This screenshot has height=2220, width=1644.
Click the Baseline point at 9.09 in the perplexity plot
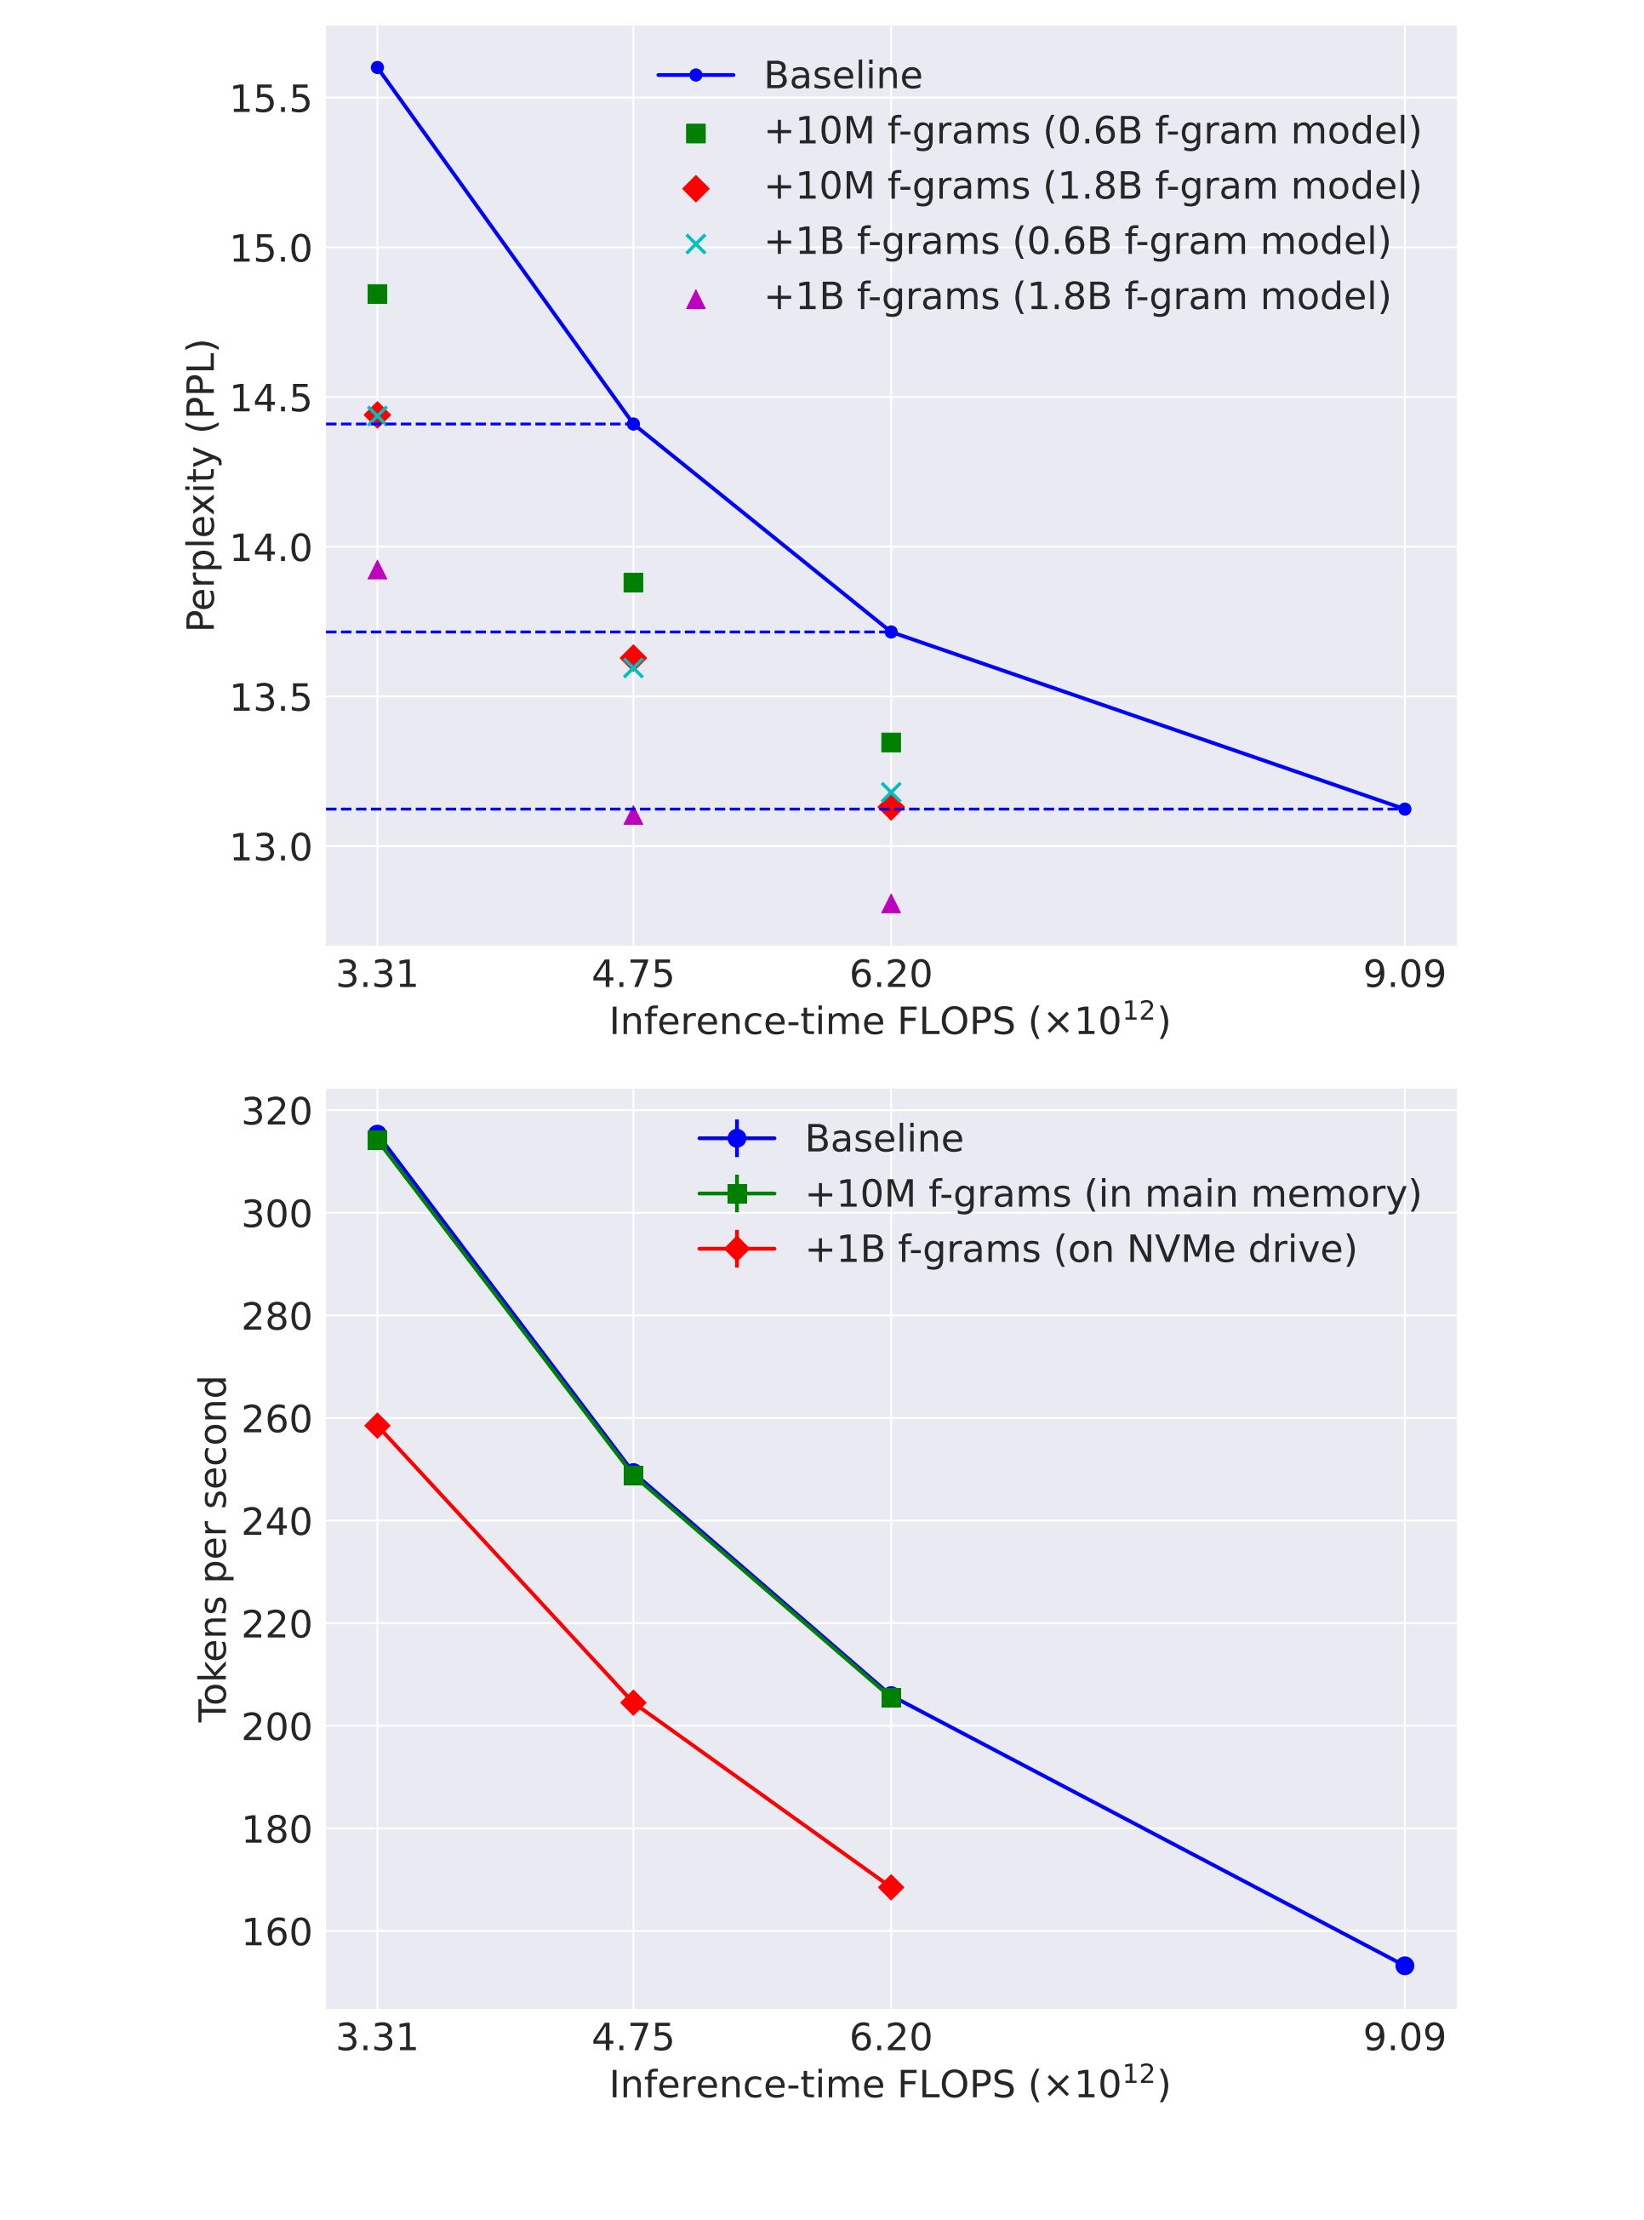(x=1404, y=809)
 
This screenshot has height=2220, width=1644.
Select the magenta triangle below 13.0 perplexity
(x=891, y=904)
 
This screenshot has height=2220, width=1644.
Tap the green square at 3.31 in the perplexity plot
(x=377, y=294)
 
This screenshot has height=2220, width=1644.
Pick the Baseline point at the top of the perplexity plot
(x=377, y=68)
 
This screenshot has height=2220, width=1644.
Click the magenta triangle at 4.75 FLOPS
(x=633, y=815)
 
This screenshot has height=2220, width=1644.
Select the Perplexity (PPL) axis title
(x=201, y=486)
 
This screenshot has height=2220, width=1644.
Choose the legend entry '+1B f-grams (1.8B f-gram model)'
(x=1076, y=297)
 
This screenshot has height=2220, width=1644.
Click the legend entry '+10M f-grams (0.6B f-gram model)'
(x=1092, y=131)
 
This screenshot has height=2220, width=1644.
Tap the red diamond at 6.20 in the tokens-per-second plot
(x=891, y=1887)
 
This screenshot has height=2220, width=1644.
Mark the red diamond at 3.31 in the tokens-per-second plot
(x=377, y=1426)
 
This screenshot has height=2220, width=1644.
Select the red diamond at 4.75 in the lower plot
(x=633, y=1703)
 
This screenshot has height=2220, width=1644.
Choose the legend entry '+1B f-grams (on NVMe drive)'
(x=1080, y=1249)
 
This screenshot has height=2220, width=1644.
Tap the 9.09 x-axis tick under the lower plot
(x=1404, y=2038)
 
